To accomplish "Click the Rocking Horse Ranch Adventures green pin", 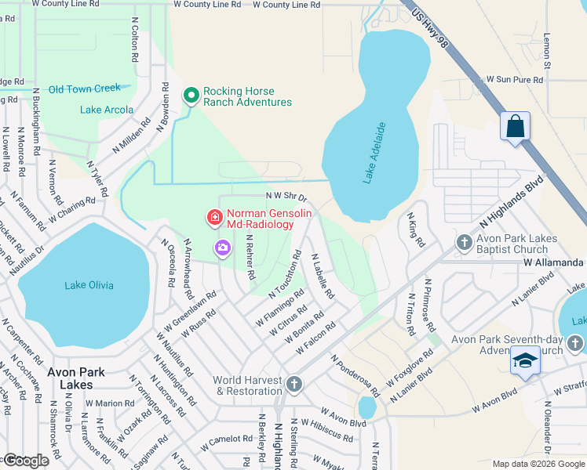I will tap(191, 96).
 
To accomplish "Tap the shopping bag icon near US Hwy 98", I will tap(515, 127).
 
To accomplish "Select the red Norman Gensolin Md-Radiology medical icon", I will tap(213, 216).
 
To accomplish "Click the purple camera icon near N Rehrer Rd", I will tap(222, 248).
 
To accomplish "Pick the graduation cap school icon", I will tap(525, 361).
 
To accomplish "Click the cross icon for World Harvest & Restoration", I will tap(293, 384).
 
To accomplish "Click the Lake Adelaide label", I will tap(375, 153).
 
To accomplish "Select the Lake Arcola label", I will tap(107, 110).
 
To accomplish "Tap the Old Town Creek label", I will tap(85, 89).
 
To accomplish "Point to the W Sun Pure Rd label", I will tap(515, 80).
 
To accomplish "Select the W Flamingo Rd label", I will tap(279, 311).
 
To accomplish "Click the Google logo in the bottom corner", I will tap(26, 461).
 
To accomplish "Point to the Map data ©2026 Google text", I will tap(538, 464).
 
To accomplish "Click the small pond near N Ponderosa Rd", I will tap(366, 407).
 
